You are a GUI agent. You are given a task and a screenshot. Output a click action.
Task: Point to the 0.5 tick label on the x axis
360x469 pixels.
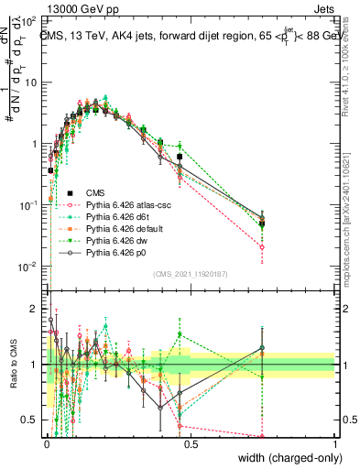tap(190, 443)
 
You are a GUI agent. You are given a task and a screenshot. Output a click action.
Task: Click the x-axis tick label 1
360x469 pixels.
tap(335, 443)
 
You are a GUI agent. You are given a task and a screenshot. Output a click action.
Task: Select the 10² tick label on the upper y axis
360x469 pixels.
tap(30, 20)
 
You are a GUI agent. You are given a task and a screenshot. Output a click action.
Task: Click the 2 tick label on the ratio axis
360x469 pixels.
tap(36, 309)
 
